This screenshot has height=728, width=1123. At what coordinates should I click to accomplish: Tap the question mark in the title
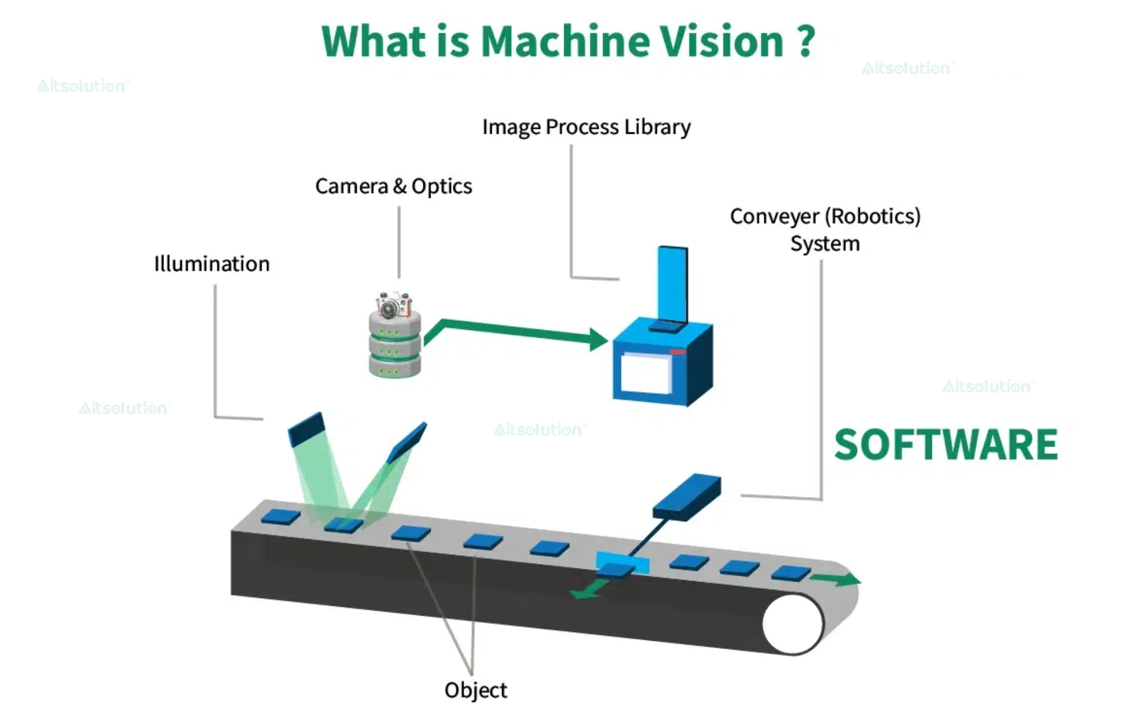[x=806, y=42]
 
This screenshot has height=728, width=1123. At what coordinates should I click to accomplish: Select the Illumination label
[x=212, y=264]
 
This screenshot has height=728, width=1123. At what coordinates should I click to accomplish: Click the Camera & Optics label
[x=393, y=186]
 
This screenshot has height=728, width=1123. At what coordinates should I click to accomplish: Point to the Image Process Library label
[x=586, y=127]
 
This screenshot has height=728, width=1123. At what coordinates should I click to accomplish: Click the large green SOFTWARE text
[x=946, y=445]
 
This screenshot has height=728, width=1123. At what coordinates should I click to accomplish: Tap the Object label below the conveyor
[x=475, y=690]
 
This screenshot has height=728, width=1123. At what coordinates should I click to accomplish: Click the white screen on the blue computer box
[x=645, y=373]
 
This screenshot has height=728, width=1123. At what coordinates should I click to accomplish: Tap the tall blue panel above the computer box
[x=673, y=285]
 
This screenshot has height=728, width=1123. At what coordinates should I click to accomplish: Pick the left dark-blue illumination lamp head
[x=307, y=429]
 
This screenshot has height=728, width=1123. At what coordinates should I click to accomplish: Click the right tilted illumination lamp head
[x=407, y=443]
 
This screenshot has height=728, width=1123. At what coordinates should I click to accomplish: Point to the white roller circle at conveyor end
[x=792, y=624]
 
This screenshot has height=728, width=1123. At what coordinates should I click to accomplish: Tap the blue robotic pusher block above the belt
[x=687, y=496]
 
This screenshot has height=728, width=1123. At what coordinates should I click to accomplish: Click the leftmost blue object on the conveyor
[x=280, y=517]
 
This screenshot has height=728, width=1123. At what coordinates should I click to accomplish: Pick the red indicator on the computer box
[x=677, y=352]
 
